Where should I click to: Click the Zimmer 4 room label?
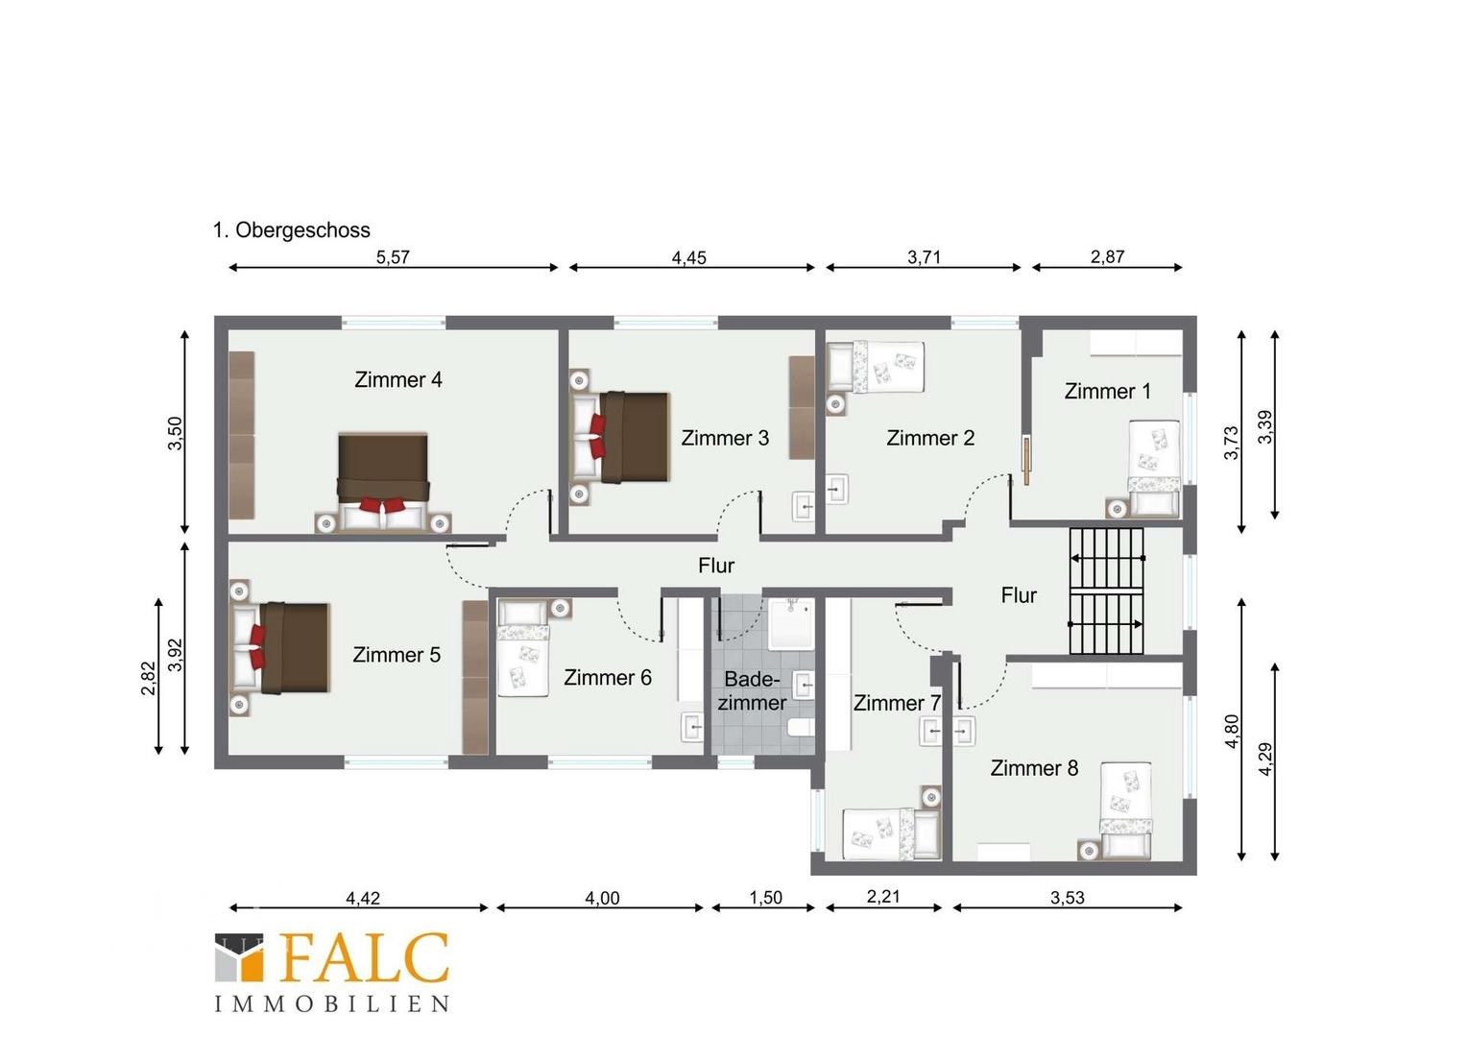(398, 379)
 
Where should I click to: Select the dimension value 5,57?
(393, 256)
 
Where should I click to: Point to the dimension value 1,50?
(765, 898)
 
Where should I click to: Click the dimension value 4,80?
(1232, 732)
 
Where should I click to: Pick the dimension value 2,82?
(149, 678)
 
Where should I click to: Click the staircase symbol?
(1107, 591)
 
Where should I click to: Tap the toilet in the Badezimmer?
(803, 727)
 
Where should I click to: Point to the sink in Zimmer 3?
(804, 506)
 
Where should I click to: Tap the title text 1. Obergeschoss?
(292, 229)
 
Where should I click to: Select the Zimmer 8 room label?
(1034, 768)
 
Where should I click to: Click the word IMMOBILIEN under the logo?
(332, 1003)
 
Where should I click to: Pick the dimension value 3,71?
(925, 256)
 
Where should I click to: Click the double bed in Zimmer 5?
(280, 648)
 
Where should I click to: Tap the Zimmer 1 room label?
(1108, 391)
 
